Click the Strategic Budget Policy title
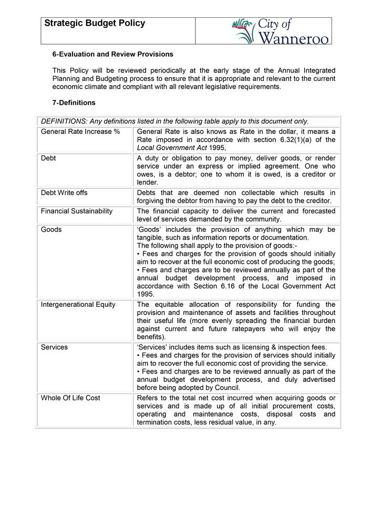point(95,24)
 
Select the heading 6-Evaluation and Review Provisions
point(112,54)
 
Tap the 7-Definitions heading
point(74,103)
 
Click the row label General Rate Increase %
point(80,131)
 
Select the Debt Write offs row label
point(64,193)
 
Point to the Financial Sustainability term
point(77,211)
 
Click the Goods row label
point(51,230)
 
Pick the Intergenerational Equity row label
point(78,305)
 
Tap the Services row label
point(54,347)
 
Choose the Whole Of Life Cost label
point(70,398)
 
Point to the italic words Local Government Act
point(171,148)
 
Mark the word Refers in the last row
point(147,398)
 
